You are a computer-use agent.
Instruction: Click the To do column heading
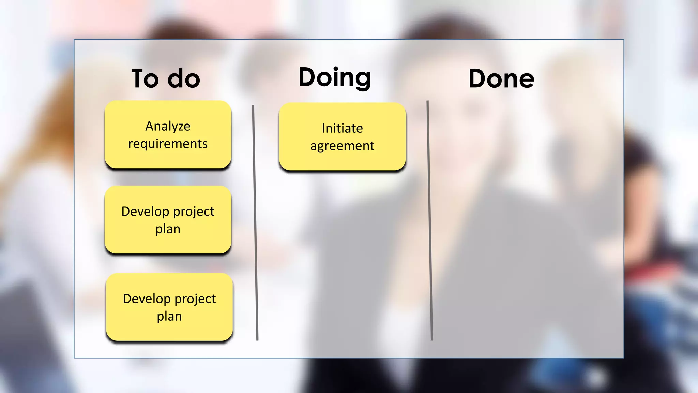[x=166, y=78]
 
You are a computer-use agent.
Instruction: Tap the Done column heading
[x=501, y=78]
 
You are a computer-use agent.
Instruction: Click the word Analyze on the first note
[x=168, y=126]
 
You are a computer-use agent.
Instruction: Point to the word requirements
[x=168, y=144]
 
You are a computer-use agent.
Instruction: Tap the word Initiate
[x=342, y=128]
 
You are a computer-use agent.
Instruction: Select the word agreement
[x=342, y=146]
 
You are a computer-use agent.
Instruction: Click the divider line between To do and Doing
[x=255, y=222]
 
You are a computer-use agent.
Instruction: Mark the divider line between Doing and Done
[x=429, y=222]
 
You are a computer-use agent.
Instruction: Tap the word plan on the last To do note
[x=169, y=316]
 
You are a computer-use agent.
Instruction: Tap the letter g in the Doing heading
[x=360, y=79]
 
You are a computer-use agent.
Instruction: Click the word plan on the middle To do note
[x=168, y=229]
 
